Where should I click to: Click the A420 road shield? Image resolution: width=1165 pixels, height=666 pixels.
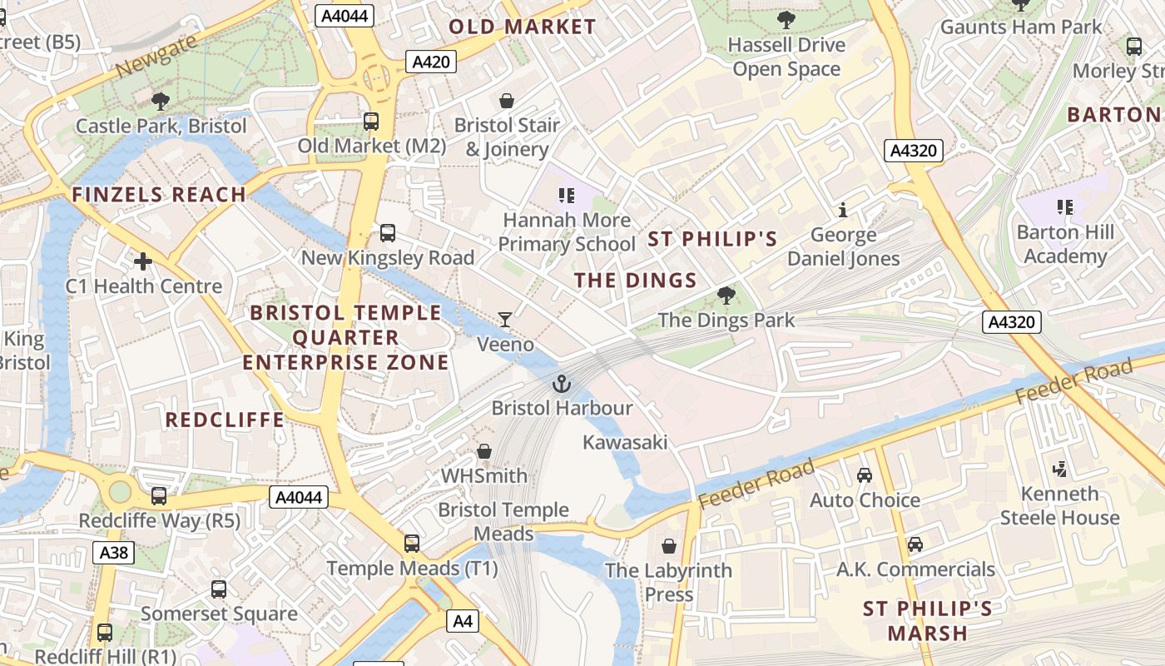tap(431, 62)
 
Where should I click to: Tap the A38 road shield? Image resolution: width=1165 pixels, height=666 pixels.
tap(114, 553)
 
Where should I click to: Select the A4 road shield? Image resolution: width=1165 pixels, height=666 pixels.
tap(463, 620)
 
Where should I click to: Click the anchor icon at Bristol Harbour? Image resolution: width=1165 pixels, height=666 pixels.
tap(563, 384)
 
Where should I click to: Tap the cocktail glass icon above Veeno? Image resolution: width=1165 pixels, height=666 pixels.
tap(505, 320)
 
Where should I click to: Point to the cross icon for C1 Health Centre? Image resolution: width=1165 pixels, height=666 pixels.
tap(143, 262)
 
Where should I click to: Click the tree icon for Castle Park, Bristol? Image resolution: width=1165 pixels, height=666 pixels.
tap(161, 102)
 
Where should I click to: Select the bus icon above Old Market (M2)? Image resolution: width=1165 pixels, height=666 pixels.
tap(371, 122)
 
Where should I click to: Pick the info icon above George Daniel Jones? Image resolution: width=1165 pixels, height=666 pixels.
tap(843, 210)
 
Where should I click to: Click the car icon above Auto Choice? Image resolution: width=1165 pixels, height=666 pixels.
tap(865, 475)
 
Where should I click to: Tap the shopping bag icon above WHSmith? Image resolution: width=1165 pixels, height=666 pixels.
tap(484, 451)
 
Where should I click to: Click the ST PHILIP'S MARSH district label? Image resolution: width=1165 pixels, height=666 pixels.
tap(928, 621)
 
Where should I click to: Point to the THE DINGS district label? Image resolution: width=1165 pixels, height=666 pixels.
tap(636, 281)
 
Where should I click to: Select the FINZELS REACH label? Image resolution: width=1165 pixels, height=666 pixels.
tap(159, 195)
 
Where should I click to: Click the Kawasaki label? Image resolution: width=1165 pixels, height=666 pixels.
tap(625, 442)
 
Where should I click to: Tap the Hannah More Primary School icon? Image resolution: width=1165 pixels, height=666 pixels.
tap(567, 196)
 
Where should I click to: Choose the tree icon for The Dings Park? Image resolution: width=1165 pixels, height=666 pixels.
tap(726, 296)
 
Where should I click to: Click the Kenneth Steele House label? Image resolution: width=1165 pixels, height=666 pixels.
tap(1059, 505)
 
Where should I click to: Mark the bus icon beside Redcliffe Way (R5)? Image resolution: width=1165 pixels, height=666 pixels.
tap(159, 496)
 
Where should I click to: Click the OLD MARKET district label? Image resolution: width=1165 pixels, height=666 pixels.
tap(523, 27)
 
